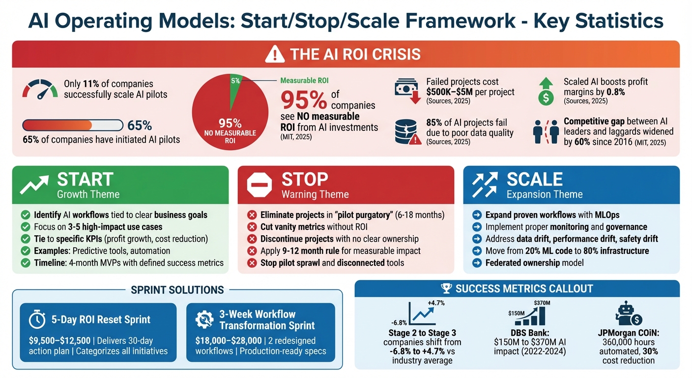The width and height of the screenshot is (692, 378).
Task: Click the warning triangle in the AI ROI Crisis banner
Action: click(x=274, y=54)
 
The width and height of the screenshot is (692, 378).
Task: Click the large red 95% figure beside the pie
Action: click(x=304, y=100)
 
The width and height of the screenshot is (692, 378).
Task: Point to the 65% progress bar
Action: click(x=73, y=125)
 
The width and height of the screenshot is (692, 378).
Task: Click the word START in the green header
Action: click(x=85, y=180)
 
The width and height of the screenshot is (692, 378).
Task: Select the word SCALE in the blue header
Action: click(x=535, y=180)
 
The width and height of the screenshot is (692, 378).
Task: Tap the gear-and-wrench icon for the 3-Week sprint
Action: click(x=204, y=320)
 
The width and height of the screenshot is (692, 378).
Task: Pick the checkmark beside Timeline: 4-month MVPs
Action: click(x=26, y=263)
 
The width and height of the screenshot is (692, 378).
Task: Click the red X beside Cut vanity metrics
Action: click(x=252, y=227)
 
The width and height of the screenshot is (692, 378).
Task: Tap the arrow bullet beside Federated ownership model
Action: click(x=477, y=263)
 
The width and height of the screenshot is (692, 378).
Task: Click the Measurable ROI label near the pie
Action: click(x=304, y=80)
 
